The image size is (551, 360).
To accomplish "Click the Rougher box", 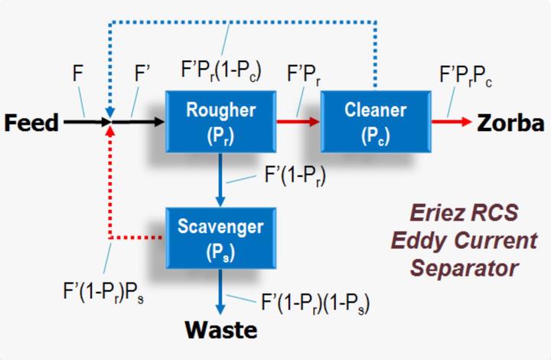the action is pos(220,122).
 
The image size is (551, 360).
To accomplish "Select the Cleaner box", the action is pos(376,122).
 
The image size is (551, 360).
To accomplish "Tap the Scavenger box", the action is pos(220,238).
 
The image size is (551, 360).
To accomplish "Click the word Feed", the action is pos(31,123).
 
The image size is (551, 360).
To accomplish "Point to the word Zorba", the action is pos(510,123).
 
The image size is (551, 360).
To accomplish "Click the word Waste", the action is pos(221,330).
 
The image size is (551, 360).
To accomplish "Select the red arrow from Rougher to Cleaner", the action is pos(298,122).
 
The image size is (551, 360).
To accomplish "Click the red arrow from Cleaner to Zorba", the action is pos(452,122).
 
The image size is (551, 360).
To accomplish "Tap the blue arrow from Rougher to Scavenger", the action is pos(220,180).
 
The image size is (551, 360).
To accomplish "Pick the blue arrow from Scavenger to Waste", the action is pos(220,292).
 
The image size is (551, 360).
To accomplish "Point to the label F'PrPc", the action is pos(465,76).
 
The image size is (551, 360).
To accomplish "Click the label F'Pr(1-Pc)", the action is pos(221,71).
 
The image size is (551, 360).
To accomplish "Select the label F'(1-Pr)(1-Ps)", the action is pos(315,303).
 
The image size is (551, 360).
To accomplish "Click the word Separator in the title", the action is pos(464,268).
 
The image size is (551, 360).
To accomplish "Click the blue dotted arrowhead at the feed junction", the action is pos(110,113).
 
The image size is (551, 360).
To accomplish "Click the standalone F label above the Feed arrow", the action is pos(77,74).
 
